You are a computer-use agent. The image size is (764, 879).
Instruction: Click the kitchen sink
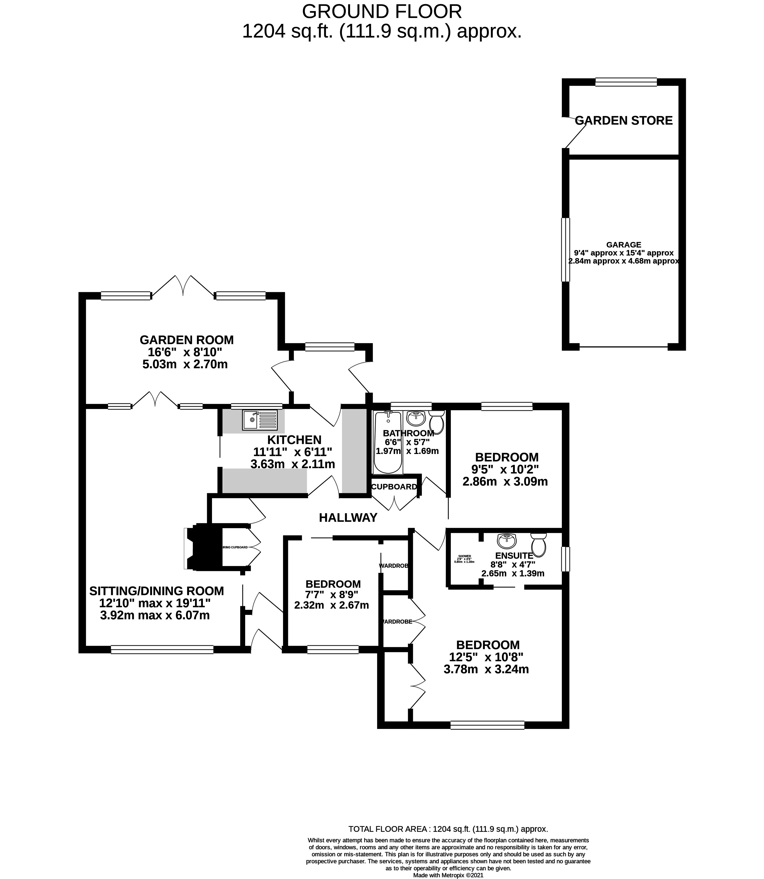(260, 420)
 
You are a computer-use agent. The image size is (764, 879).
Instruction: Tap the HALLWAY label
(348, 518)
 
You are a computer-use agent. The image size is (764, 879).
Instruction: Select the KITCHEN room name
(294, 439)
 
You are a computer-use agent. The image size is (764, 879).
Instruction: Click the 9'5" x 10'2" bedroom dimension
(505, 469)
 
